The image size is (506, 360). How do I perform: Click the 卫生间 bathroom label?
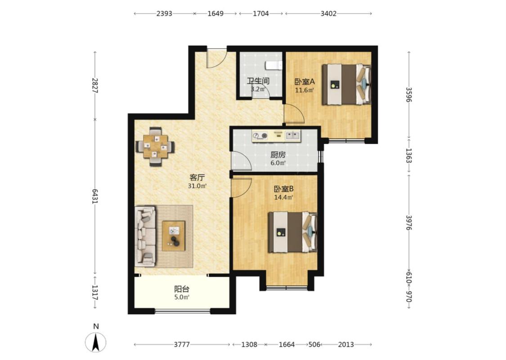pos(258,81)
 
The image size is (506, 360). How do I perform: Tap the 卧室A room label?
pos(304,82)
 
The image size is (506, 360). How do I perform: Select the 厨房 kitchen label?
pos(278,155)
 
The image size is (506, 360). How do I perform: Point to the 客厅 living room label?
pos(197,178)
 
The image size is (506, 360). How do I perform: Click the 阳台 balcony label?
pos(182,289)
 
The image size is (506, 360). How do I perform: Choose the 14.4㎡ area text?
pos(283,198)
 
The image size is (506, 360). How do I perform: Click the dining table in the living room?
pos(155,147)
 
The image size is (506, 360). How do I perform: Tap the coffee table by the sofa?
pos(174,236)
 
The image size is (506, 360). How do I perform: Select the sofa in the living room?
pos(145,236)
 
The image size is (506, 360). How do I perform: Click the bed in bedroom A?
pos(346,85)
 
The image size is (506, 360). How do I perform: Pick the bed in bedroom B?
pos(293,232)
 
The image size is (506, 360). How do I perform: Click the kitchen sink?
pos(292,135)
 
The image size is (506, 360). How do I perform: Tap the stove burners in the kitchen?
pos(260,136)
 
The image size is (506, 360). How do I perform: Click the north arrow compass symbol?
pos(95,342)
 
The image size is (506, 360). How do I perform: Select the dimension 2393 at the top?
pos(164,13)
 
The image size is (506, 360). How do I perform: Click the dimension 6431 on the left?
pos(94,196)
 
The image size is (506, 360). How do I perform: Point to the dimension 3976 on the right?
pos(408,223)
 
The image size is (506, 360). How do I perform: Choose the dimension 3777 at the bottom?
pos(182,345)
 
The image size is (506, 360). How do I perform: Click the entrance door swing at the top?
pos(216,58)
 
